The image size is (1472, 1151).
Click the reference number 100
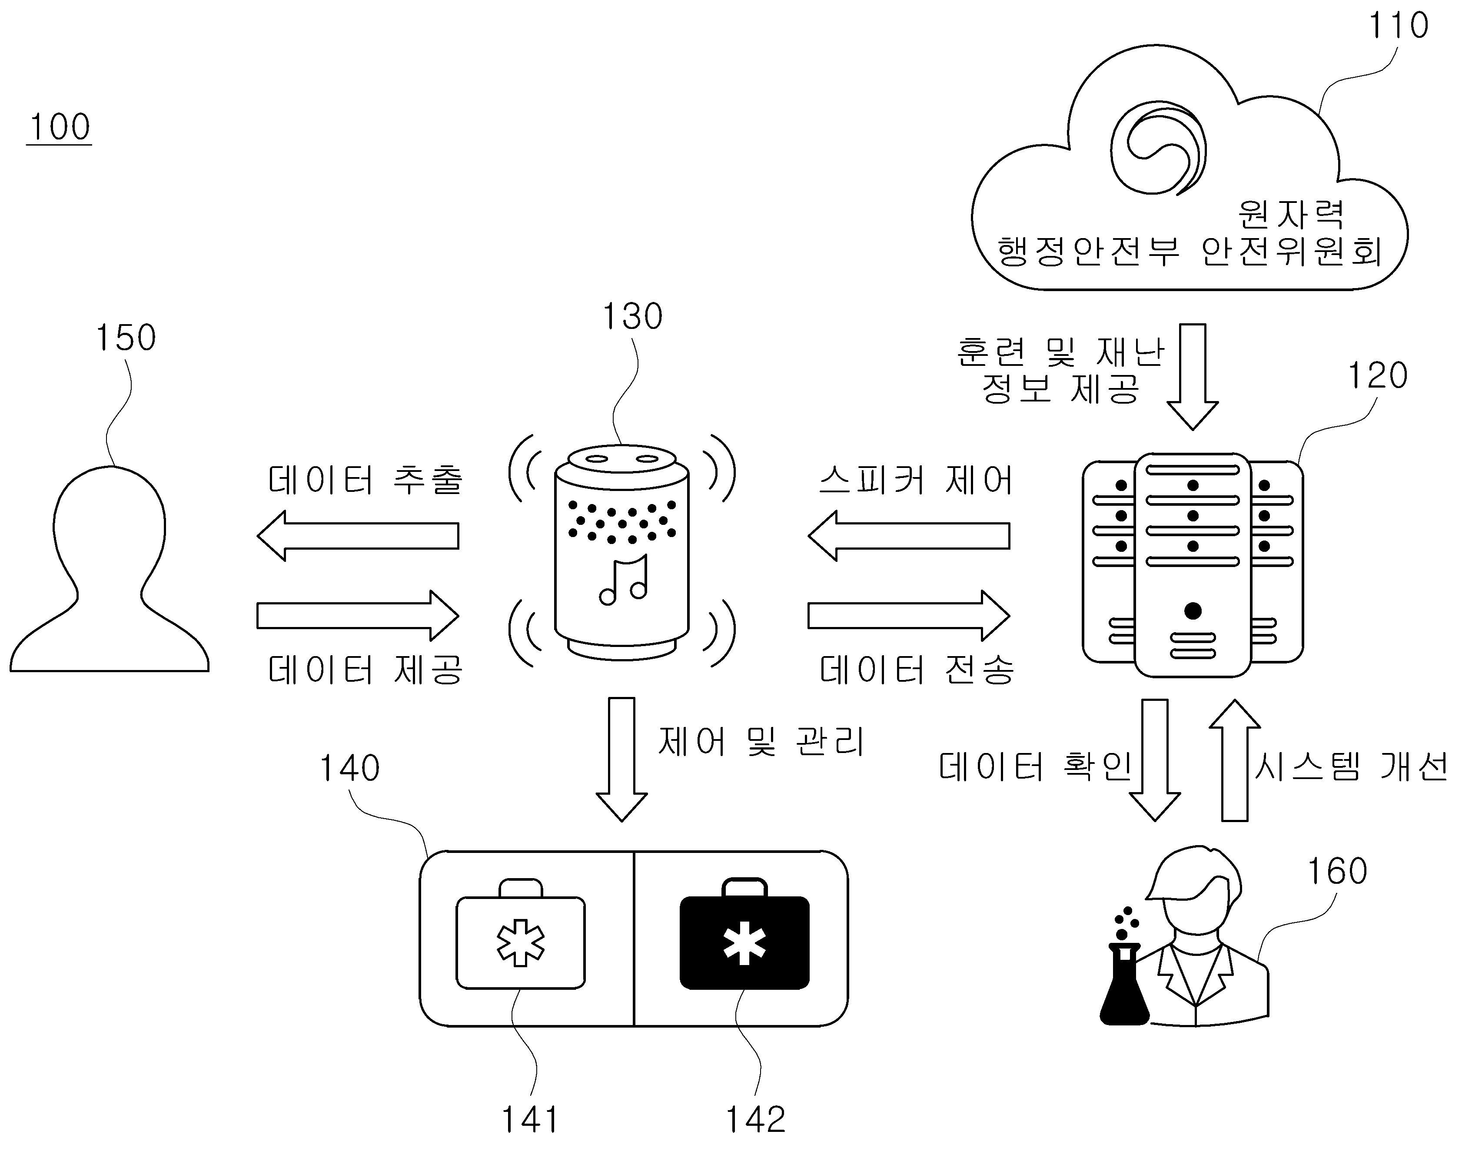[x=59, y=127]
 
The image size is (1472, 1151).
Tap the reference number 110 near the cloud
[x=1398, y=26]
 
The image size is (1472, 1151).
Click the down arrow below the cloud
[x=1192, y=376]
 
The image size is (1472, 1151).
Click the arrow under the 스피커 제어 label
[x=909, y=536]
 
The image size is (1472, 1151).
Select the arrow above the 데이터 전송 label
[x=909, y=615]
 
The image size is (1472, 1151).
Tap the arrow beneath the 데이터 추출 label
[x=358, y=536]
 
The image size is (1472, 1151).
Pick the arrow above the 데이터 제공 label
[x=358, y=615]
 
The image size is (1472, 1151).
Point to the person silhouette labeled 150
[x=109, y=568]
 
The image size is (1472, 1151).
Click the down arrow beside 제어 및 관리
[x=621, y=760]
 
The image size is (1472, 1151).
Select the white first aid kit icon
[x=520, y=933]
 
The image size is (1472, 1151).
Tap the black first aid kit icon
[x=744, y=933]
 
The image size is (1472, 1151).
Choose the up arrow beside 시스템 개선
[x=1235, y=760]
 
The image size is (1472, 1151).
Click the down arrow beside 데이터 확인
[x=1155, y=760]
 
